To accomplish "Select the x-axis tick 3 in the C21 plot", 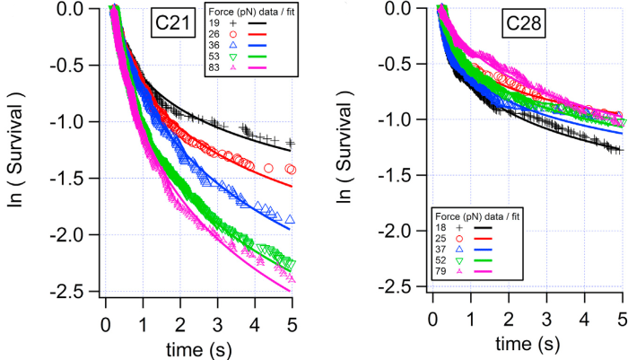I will click(218, 322).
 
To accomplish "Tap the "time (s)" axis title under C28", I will click(528, 342).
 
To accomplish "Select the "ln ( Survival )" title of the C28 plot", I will click(345, 148).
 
